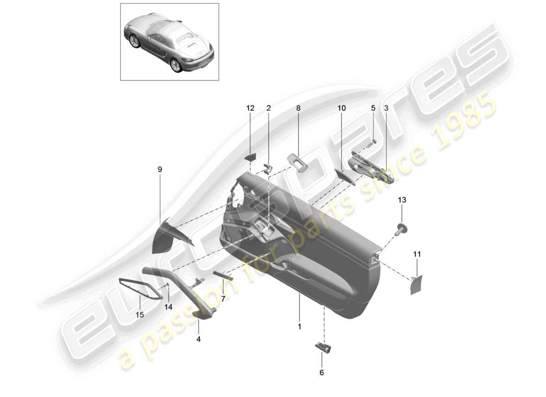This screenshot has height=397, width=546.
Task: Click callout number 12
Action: click(250, 108)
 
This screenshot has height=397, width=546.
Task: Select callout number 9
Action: click(160, 170)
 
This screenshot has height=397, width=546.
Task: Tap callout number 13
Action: click(402, 200)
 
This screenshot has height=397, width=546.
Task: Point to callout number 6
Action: click(321, 372)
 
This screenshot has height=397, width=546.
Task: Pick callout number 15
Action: click(140, 315)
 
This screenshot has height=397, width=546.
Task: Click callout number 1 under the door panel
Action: click(299, 327)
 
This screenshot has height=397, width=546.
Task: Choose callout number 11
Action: click(417, 254)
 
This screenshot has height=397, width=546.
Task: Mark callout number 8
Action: click(298, 108)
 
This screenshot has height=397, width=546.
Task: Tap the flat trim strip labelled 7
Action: click(223, 276)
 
